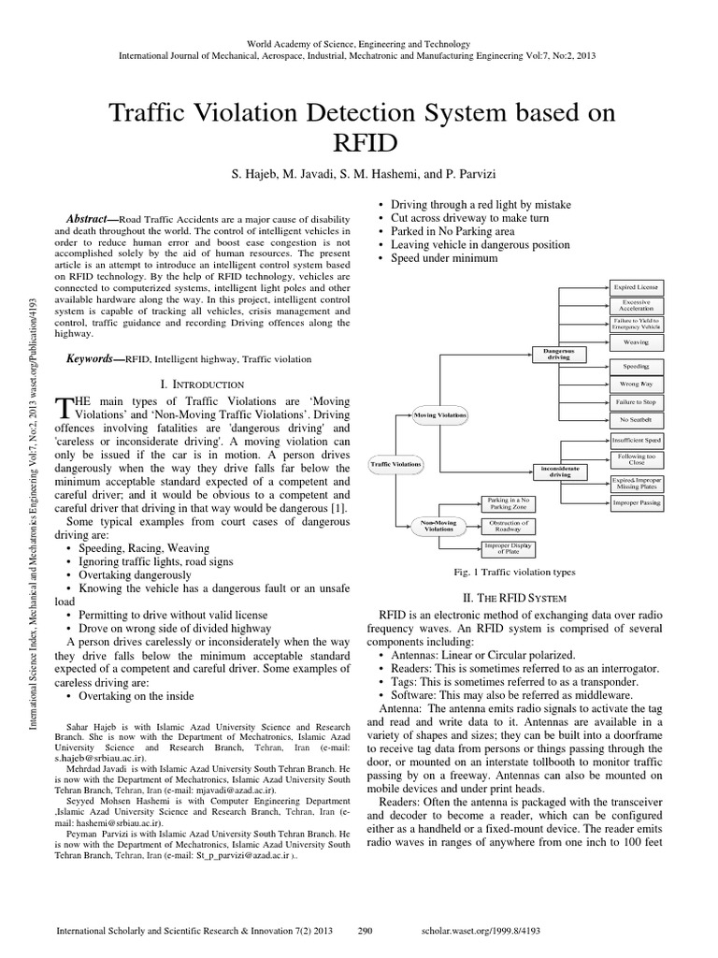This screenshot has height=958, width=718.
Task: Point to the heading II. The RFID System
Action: click(x=524, y=597)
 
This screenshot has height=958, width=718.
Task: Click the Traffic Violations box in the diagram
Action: click(x=395, y=463)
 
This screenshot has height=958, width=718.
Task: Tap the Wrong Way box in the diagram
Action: click(x=636, y=384)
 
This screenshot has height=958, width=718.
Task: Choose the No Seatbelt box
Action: click(x=636, y=419)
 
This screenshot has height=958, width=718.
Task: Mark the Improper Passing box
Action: click(x=636, y=502)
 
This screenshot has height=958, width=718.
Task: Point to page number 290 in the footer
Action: click(x=366, y=932)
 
